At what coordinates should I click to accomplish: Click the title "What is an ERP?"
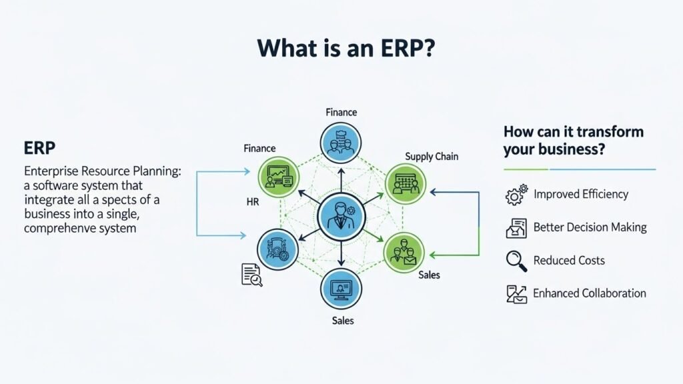pos(341,49)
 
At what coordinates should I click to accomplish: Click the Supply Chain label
pos(432,157)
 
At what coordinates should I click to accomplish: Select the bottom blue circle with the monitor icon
pos(341,290)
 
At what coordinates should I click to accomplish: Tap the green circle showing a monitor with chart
pos(277,177)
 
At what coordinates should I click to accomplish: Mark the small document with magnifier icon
pos(251,275)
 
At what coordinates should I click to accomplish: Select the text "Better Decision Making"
pos(590,227)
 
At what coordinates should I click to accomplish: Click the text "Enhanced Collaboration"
pos(589,293)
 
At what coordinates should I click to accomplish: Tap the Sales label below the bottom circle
pos(342,321)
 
